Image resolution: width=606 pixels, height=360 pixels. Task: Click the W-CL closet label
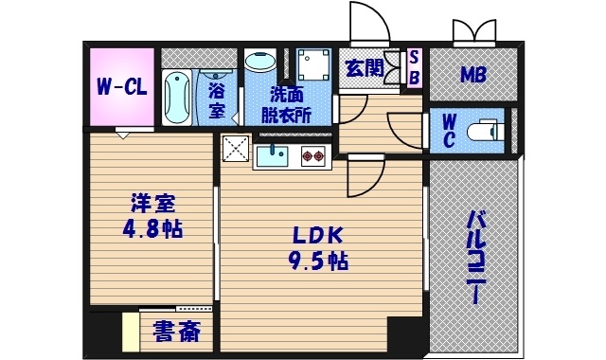(x=121, y=87)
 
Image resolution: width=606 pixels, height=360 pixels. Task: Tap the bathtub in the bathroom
(x=177, y=97)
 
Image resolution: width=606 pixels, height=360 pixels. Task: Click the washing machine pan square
(x=311, y=64)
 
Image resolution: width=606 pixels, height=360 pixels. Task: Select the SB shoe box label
(x=413, y=68)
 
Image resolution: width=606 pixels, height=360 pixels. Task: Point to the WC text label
(x=449, y=129)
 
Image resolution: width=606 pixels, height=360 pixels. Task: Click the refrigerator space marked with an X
(x=235, y=150)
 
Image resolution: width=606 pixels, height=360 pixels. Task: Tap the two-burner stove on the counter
(x=313, y=155)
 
